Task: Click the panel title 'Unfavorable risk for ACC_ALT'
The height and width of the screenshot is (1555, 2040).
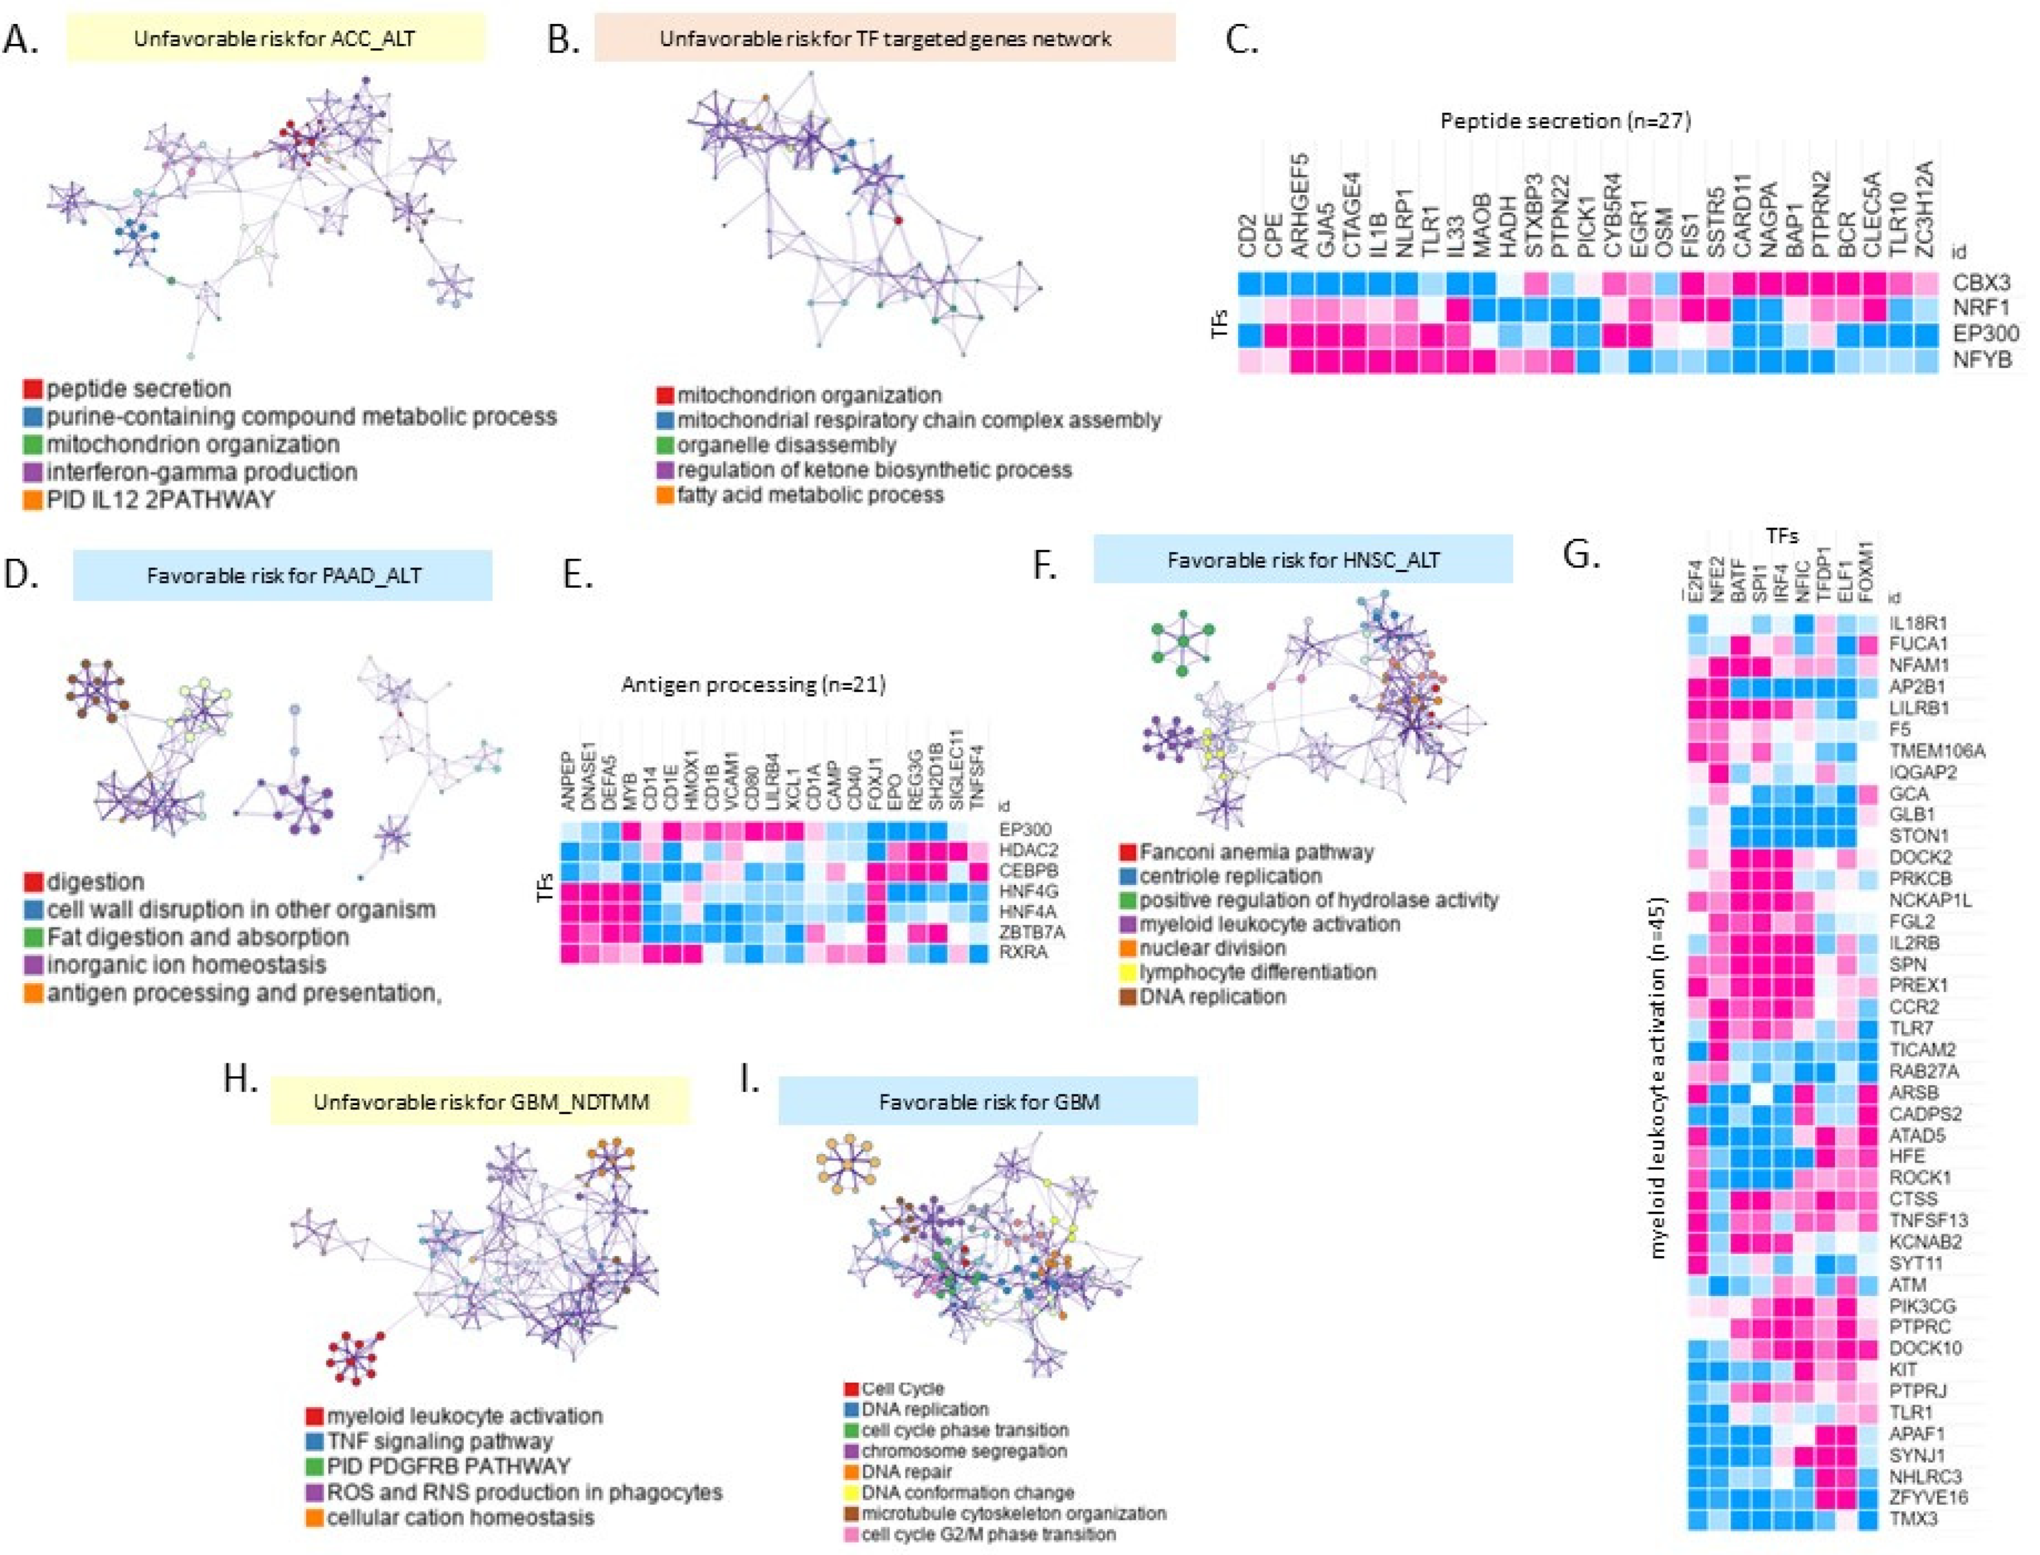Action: coord(275,39)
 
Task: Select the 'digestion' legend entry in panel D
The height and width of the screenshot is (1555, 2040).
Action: coord(96,882)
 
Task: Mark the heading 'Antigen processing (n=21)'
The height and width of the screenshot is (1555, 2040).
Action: coord(753,685)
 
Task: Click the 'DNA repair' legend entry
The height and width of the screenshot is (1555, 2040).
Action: coord(906,1471)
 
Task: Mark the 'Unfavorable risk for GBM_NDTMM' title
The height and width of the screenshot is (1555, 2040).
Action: coord(480,1101)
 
